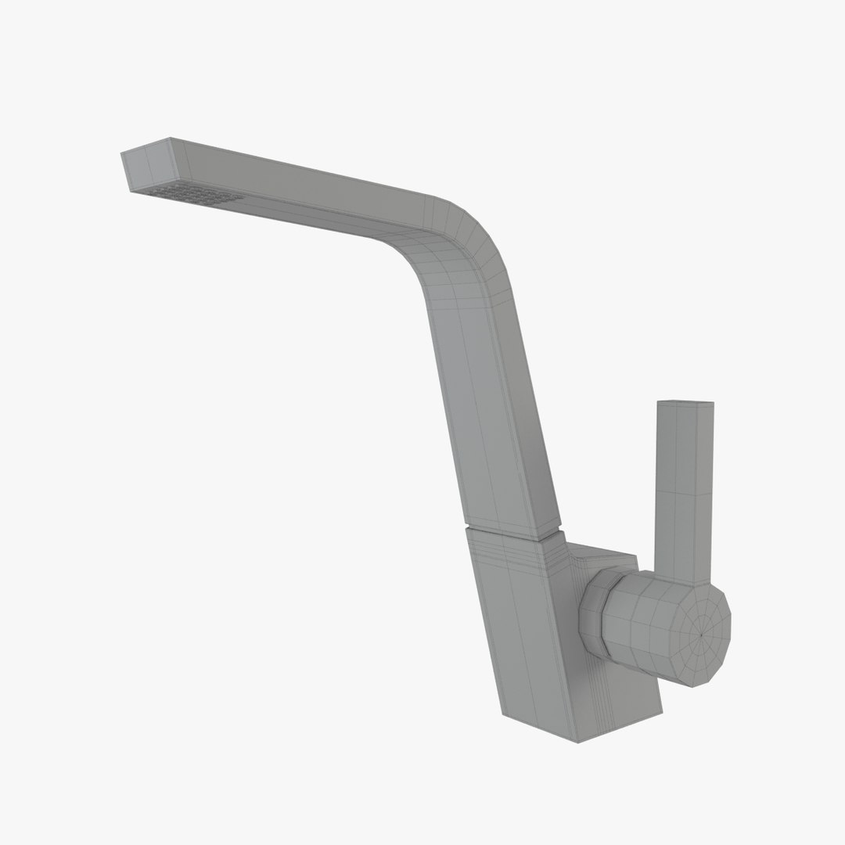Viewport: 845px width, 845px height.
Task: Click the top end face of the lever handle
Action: (x=685, y=403)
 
